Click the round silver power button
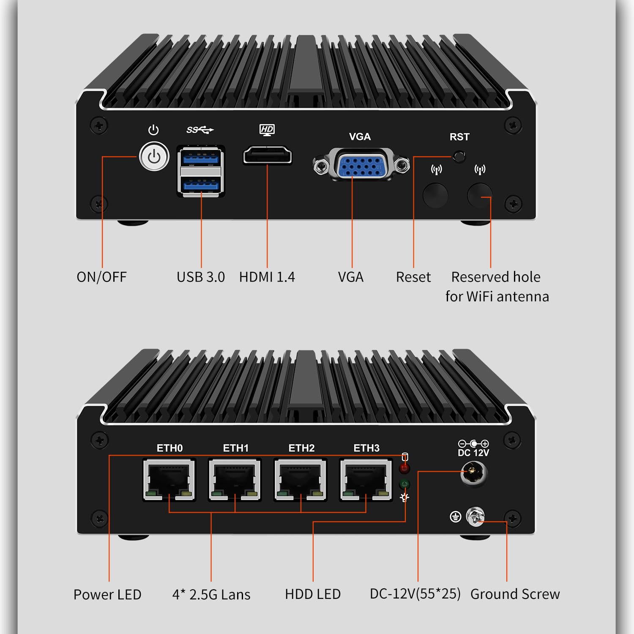(154, 156)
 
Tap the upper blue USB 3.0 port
(201, 158)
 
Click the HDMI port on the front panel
(268, 155)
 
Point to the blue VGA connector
(361, 165)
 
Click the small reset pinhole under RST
(459, 156)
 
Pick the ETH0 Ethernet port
(169, 480)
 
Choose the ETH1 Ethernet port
(235, 480)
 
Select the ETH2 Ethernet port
(300, 480)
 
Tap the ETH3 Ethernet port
(366, 480)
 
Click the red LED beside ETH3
(404, 468)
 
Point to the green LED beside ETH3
(404, 484)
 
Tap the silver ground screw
(475, 516)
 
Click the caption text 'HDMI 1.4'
(267, 277)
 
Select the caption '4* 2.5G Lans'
(211, 594)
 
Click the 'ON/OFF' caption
(101, 277)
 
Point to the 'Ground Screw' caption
(515, 594)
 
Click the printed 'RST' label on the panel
(459, 137)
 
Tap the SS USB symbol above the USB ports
(200, 130)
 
